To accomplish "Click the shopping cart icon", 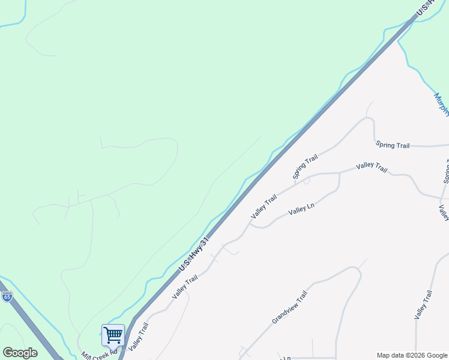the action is [113, 335].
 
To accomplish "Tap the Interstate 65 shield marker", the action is [7, 296].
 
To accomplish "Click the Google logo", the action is [20, 353].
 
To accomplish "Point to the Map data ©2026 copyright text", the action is [411, 355].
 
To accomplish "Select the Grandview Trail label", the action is [289, 307].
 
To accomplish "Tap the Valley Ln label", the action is [301, 208].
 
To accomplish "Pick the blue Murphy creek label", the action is [441, 105].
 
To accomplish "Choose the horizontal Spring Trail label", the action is [393, 145].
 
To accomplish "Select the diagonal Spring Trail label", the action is [305, 167].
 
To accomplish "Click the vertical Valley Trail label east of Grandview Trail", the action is [423, 304].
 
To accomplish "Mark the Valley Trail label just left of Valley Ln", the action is [264, 206].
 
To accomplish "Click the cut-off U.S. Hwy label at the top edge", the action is [430, 7].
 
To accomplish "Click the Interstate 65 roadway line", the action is [27, 324].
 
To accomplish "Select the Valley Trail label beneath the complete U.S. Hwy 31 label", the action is [184, 287].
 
